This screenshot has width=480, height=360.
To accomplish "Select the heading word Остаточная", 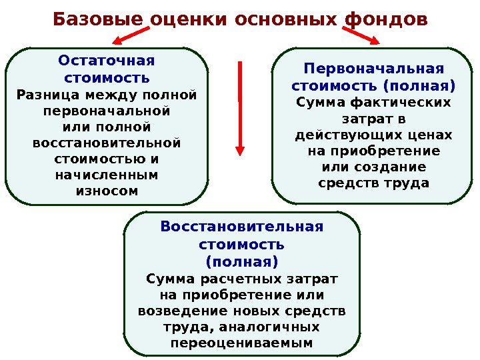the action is [x=107, y=61].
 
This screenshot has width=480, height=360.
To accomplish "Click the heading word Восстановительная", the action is [x=241, y=227].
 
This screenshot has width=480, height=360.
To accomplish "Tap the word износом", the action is [x=107, y=191].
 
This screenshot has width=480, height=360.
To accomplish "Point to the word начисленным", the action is [x=107, y=175].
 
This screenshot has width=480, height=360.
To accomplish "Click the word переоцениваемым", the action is [x=241, y=344].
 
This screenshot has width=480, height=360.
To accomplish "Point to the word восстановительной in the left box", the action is [x=107, y=143].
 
